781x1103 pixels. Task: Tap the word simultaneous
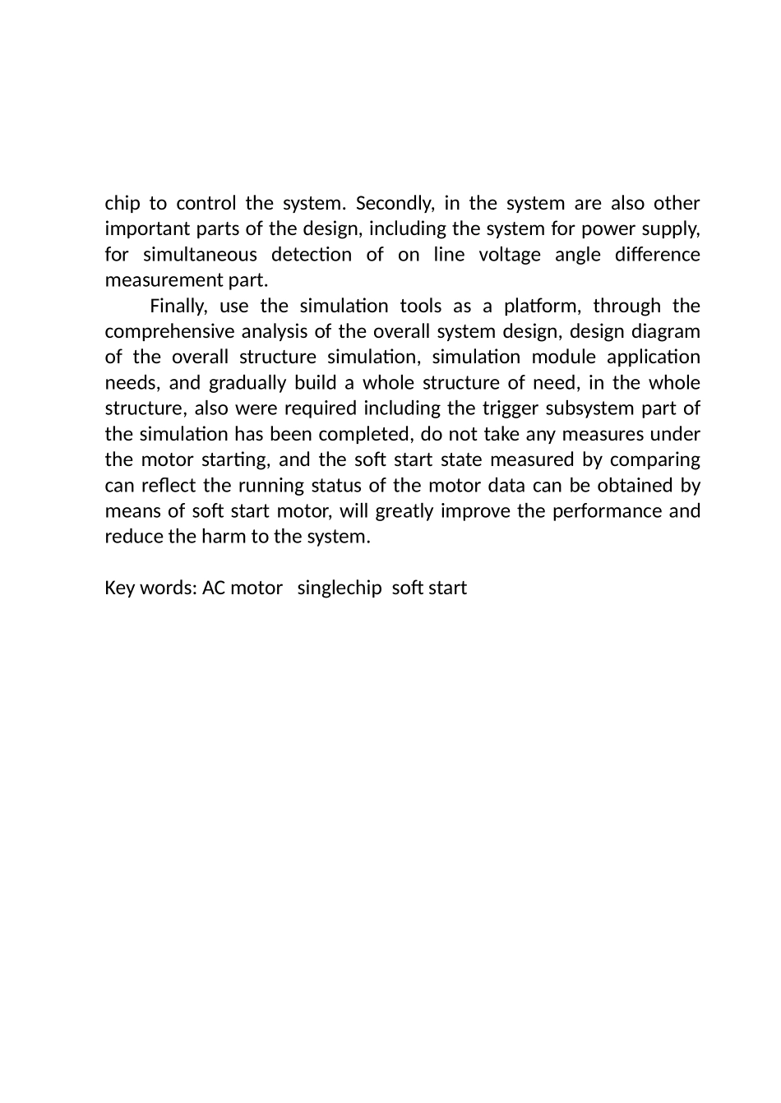(200, 255)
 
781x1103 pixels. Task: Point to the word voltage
(511, 255)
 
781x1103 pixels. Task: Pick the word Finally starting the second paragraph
(178, 307)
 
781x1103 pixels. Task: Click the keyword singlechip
(339, 588)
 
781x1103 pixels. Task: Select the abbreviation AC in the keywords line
(213, 588)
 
